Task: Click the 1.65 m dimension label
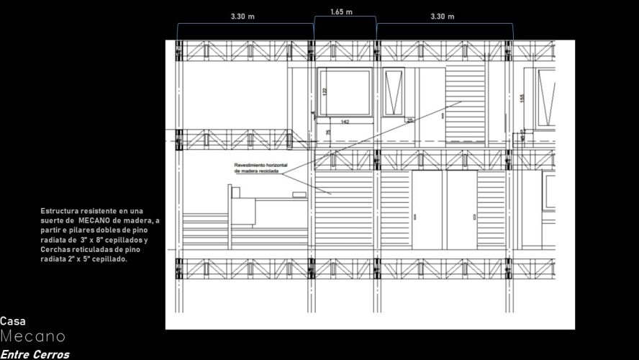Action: pos(342,12)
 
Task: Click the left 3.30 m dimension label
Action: pos(243,17)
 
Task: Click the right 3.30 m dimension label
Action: pos(442,17)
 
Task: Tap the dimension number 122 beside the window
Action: pos(325,91)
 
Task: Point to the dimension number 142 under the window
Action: pos(345,122)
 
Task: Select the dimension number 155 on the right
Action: pos(522,97)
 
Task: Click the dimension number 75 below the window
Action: pos(329,133)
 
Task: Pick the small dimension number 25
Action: pos(410,120)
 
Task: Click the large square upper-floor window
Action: pos(345,91)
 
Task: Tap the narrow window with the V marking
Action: pos(394,91)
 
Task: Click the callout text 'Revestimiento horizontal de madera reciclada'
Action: pos(260,168)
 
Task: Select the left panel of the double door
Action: pos(429,210)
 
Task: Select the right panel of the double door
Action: pos(461,210)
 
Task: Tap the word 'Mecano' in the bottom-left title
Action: pos(32,337)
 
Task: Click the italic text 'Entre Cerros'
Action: pos(35,354)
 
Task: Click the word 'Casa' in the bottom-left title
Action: pos(13,322)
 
